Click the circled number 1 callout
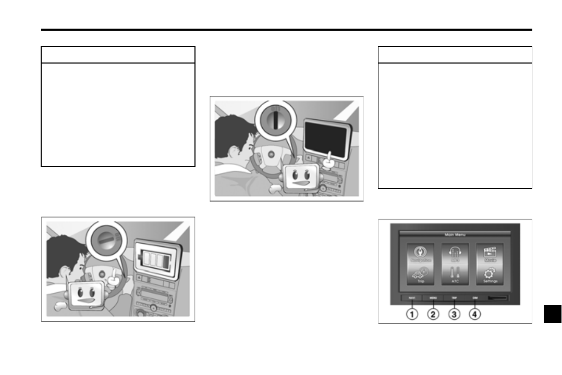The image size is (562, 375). [x=412, y=315]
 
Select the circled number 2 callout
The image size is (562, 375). [x=433, y=315]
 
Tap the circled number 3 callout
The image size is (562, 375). [x=455, y=315]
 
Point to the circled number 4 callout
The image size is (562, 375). [x=475, y=315]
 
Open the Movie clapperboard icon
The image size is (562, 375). [x=490, y=252]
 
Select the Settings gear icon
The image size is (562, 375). [x=490, y=274]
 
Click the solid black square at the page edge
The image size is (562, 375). [x=552, y=314]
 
